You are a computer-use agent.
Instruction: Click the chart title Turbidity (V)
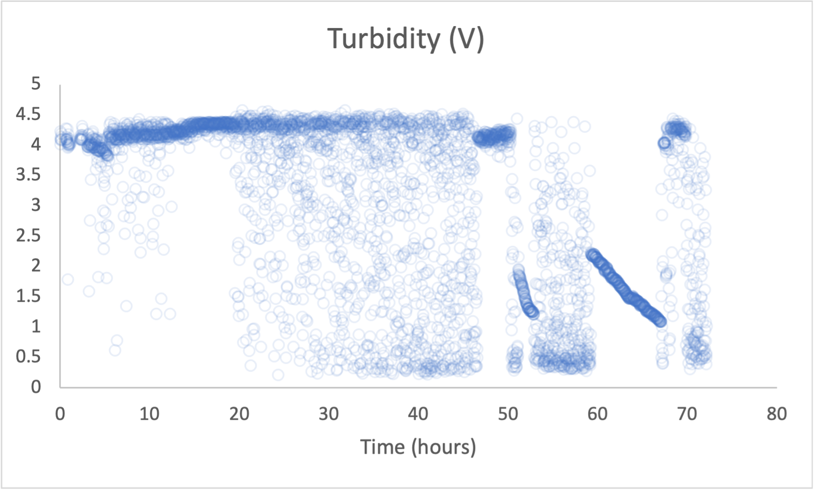click(x=406, y=39)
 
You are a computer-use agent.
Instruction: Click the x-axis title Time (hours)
click(x=418, y=447)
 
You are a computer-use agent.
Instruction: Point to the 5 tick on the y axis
click(x=35, y=84)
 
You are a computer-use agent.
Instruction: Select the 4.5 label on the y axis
click(x=28, y=114)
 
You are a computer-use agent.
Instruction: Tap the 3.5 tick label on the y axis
click(x=28, y=174)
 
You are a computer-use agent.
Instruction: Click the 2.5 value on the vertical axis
click(x=28, y=235)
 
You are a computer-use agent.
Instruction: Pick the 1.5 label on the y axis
click(x=28, y=296)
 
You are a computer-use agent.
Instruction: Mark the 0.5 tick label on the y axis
click(x=28, y=356)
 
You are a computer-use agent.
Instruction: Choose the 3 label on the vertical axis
click(x=35, y=205)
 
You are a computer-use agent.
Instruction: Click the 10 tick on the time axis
click(x=149, y=414)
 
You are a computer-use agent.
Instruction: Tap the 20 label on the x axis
click(x=239, y=414)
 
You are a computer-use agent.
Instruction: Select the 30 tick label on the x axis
click(x=328, y=414)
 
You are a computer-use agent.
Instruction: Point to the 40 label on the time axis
click(x=418, y=414)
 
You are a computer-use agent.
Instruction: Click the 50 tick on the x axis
click(x=507, y=414)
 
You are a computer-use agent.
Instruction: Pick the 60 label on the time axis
click(x=597, y=414)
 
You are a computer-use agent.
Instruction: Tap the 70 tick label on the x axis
click(x=687, y=414)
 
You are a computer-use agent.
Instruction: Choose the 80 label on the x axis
click(x=776, y=414)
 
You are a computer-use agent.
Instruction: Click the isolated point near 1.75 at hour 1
click(x=67, y=279)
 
